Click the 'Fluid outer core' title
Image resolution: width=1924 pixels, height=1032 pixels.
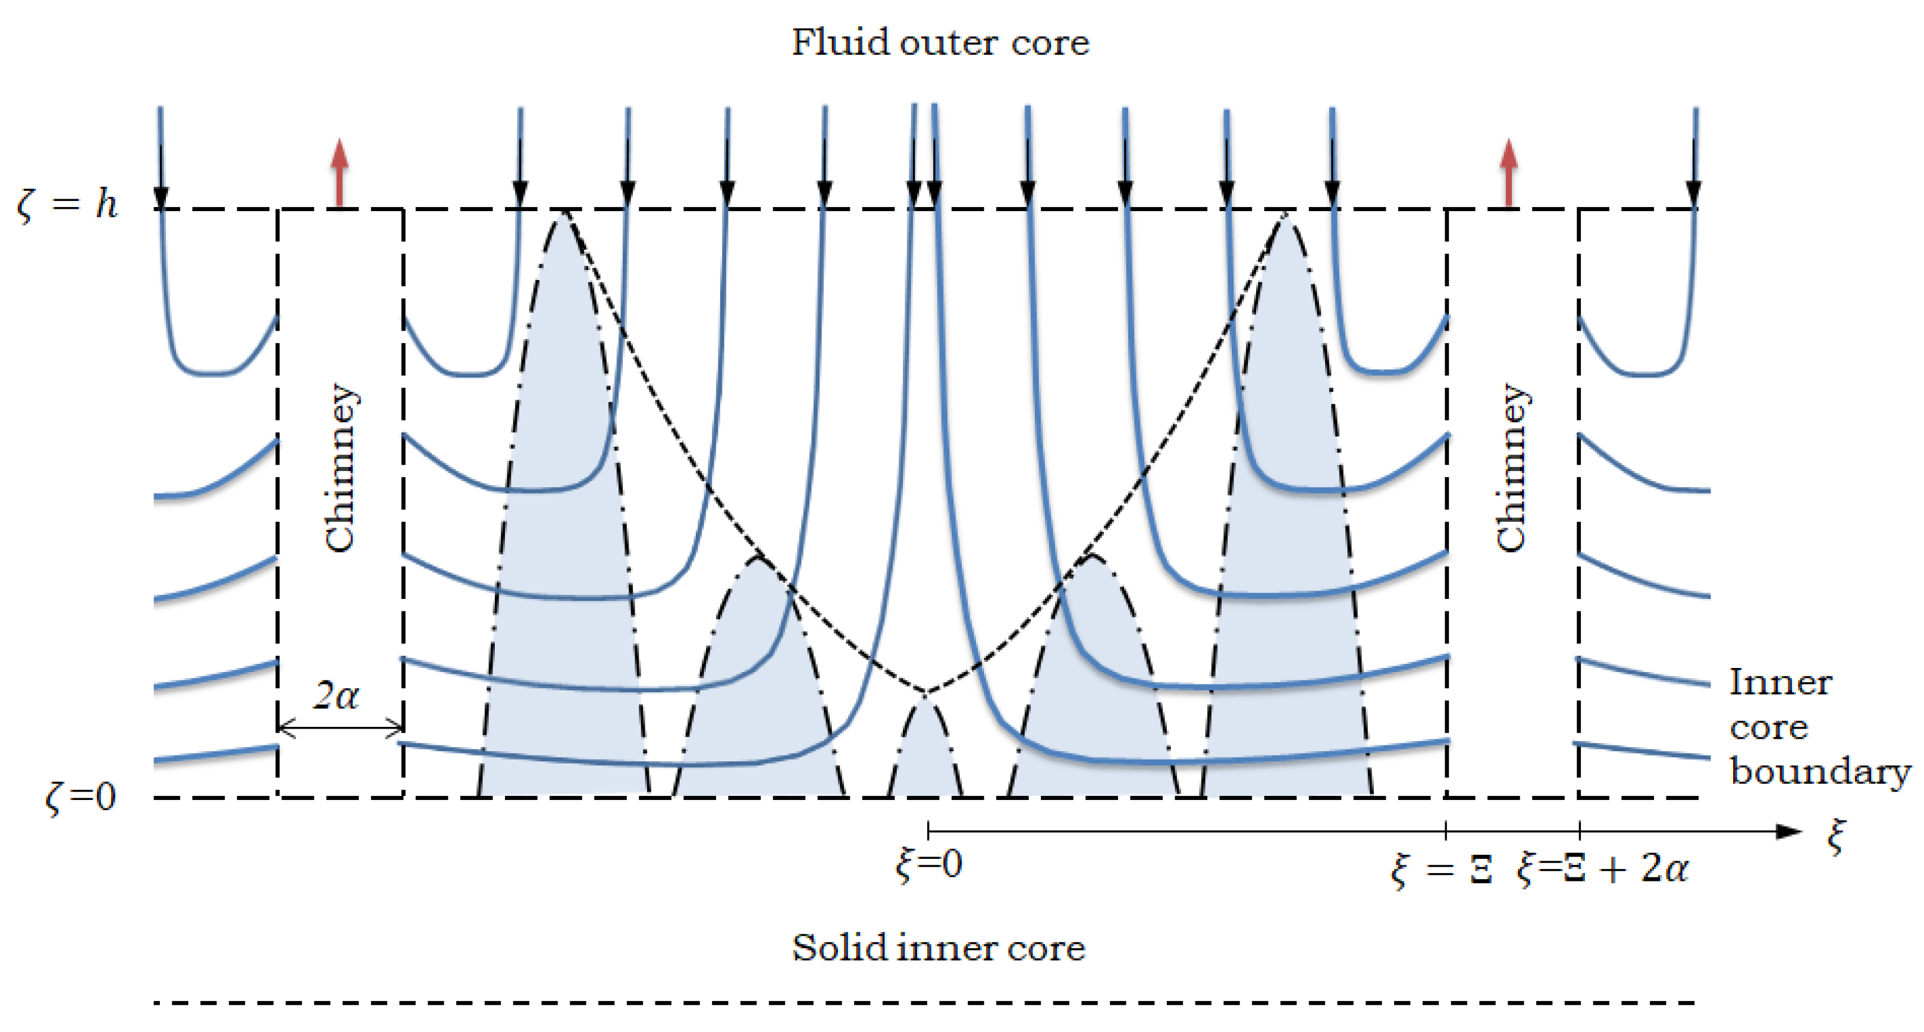(x=940, y=43)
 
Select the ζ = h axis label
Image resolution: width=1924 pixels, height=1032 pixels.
(x=67, y=204)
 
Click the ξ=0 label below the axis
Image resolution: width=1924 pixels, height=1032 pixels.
(x=928, y=865)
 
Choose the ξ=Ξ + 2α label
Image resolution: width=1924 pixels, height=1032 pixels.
(x=1602, y=869)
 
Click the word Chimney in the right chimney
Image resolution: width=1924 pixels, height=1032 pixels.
(x=1512, y=468)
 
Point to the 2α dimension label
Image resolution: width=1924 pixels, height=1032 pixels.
(x=336, y=696)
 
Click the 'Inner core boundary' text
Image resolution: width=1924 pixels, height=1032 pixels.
(x=1818, y=727)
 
